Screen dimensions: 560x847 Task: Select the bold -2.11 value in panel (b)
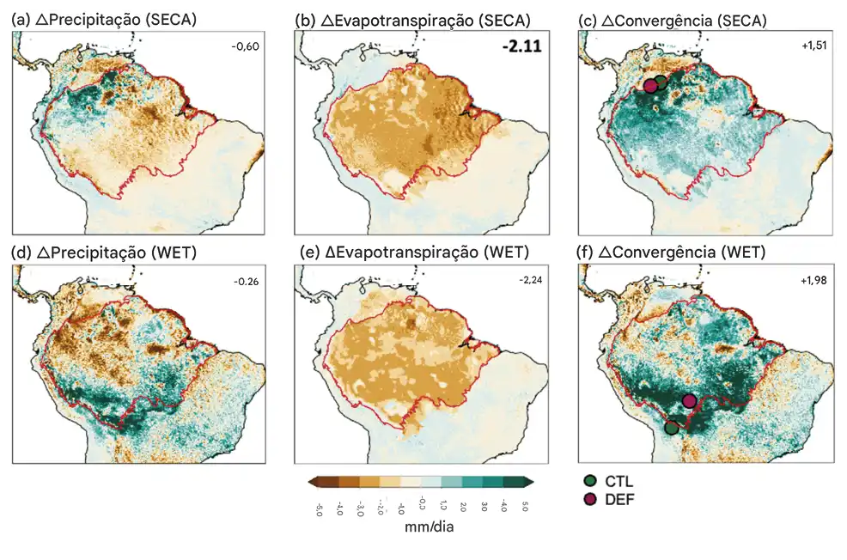click(522, 47)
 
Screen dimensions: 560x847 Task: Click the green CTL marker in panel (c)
click(660, 82)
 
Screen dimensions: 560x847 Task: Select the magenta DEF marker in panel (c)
click(650, 86)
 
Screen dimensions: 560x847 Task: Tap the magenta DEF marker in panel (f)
click(689, 400)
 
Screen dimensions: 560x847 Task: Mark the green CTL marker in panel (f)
click(672, 427)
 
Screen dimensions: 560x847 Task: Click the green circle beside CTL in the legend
click(589, 481)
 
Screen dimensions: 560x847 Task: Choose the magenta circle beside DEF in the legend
click(589, 499)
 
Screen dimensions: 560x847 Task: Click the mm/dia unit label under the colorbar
click(429, 527)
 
